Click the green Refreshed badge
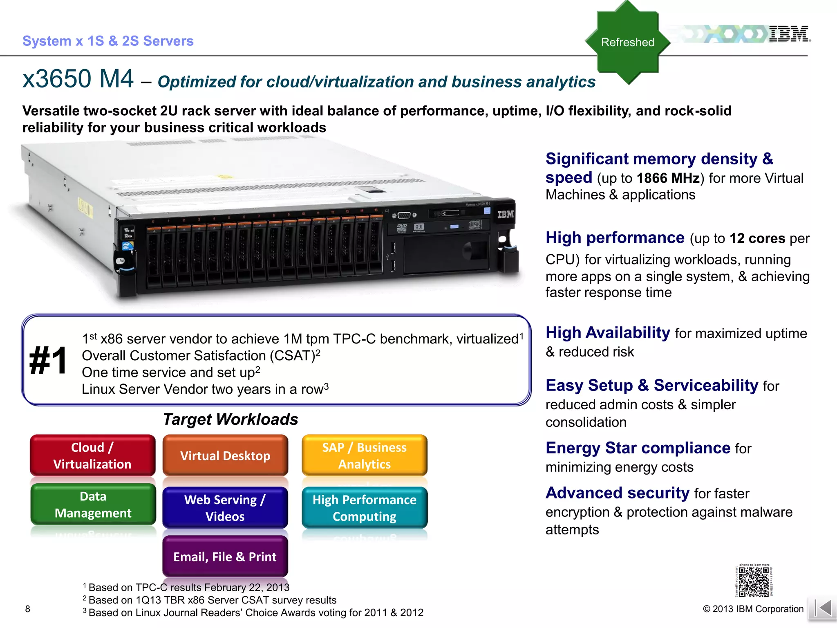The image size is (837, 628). click(627, 42)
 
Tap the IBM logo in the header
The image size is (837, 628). click(789, 34)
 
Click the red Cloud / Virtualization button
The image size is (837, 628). click(92, 455)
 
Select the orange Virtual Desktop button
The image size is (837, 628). click(225, 455)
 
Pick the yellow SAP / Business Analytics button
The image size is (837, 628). click(365, 455)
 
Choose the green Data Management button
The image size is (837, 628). click(93, 505)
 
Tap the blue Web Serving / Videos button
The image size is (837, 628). click(225, 508)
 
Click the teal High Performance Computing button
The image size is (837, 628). click(365, 508)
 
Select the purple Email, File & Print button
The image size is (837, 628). click(225, 556)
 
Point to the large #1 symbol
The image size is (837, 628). click(48, 361)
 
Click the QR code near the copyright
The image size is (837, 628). click(754, 581)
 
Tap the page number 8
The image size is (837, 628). click(28, 609)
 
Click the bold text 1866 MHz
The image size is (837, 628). click(668, 178)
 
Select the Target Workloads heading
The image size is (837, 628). click(231, 419)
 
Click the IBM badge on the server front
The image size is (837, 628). click(506, 214)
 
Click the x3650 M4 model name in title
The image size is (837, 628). click(78, 78)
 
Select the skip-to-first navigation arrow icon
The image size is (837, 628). click(822, 608)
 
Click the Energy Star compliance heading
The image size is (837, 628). click(638, 448)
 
